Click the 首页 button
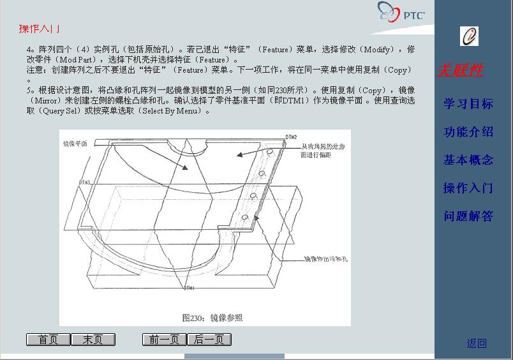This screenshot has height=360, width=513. pos(48,340)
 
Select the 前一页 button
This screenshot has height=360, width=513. pos(164,340)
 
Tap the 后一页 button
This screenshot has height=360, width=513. pos(209,340)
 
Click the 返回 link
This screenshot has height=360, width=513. pos(476,343)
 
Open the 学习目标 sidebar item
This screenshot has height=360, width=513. pos(468,103)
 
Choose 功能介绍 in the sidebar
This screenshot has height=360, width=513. pos(468,131)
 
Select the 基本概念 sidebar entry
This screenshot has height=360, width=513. pos(468,160)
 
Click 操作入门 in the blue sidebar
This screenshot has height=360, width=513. pos(468,188)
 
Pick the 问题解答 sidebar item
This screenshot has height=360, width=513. pos(468,216)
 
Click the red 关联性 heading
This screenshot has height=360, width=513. pos(459,70)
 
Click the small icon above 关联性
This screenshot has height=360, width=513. pos(469,36)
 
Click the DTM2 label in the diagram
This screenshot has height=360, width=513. pos(290,137)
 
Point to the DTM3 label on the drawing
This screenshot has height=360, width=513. pos(84,183)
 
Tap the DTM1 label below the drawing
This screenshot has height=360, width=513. pos(189,289)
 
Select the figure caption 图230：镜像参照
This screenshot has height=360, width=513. pos(212,317)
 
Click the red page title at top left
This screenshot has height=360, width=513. pos(39,29)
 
